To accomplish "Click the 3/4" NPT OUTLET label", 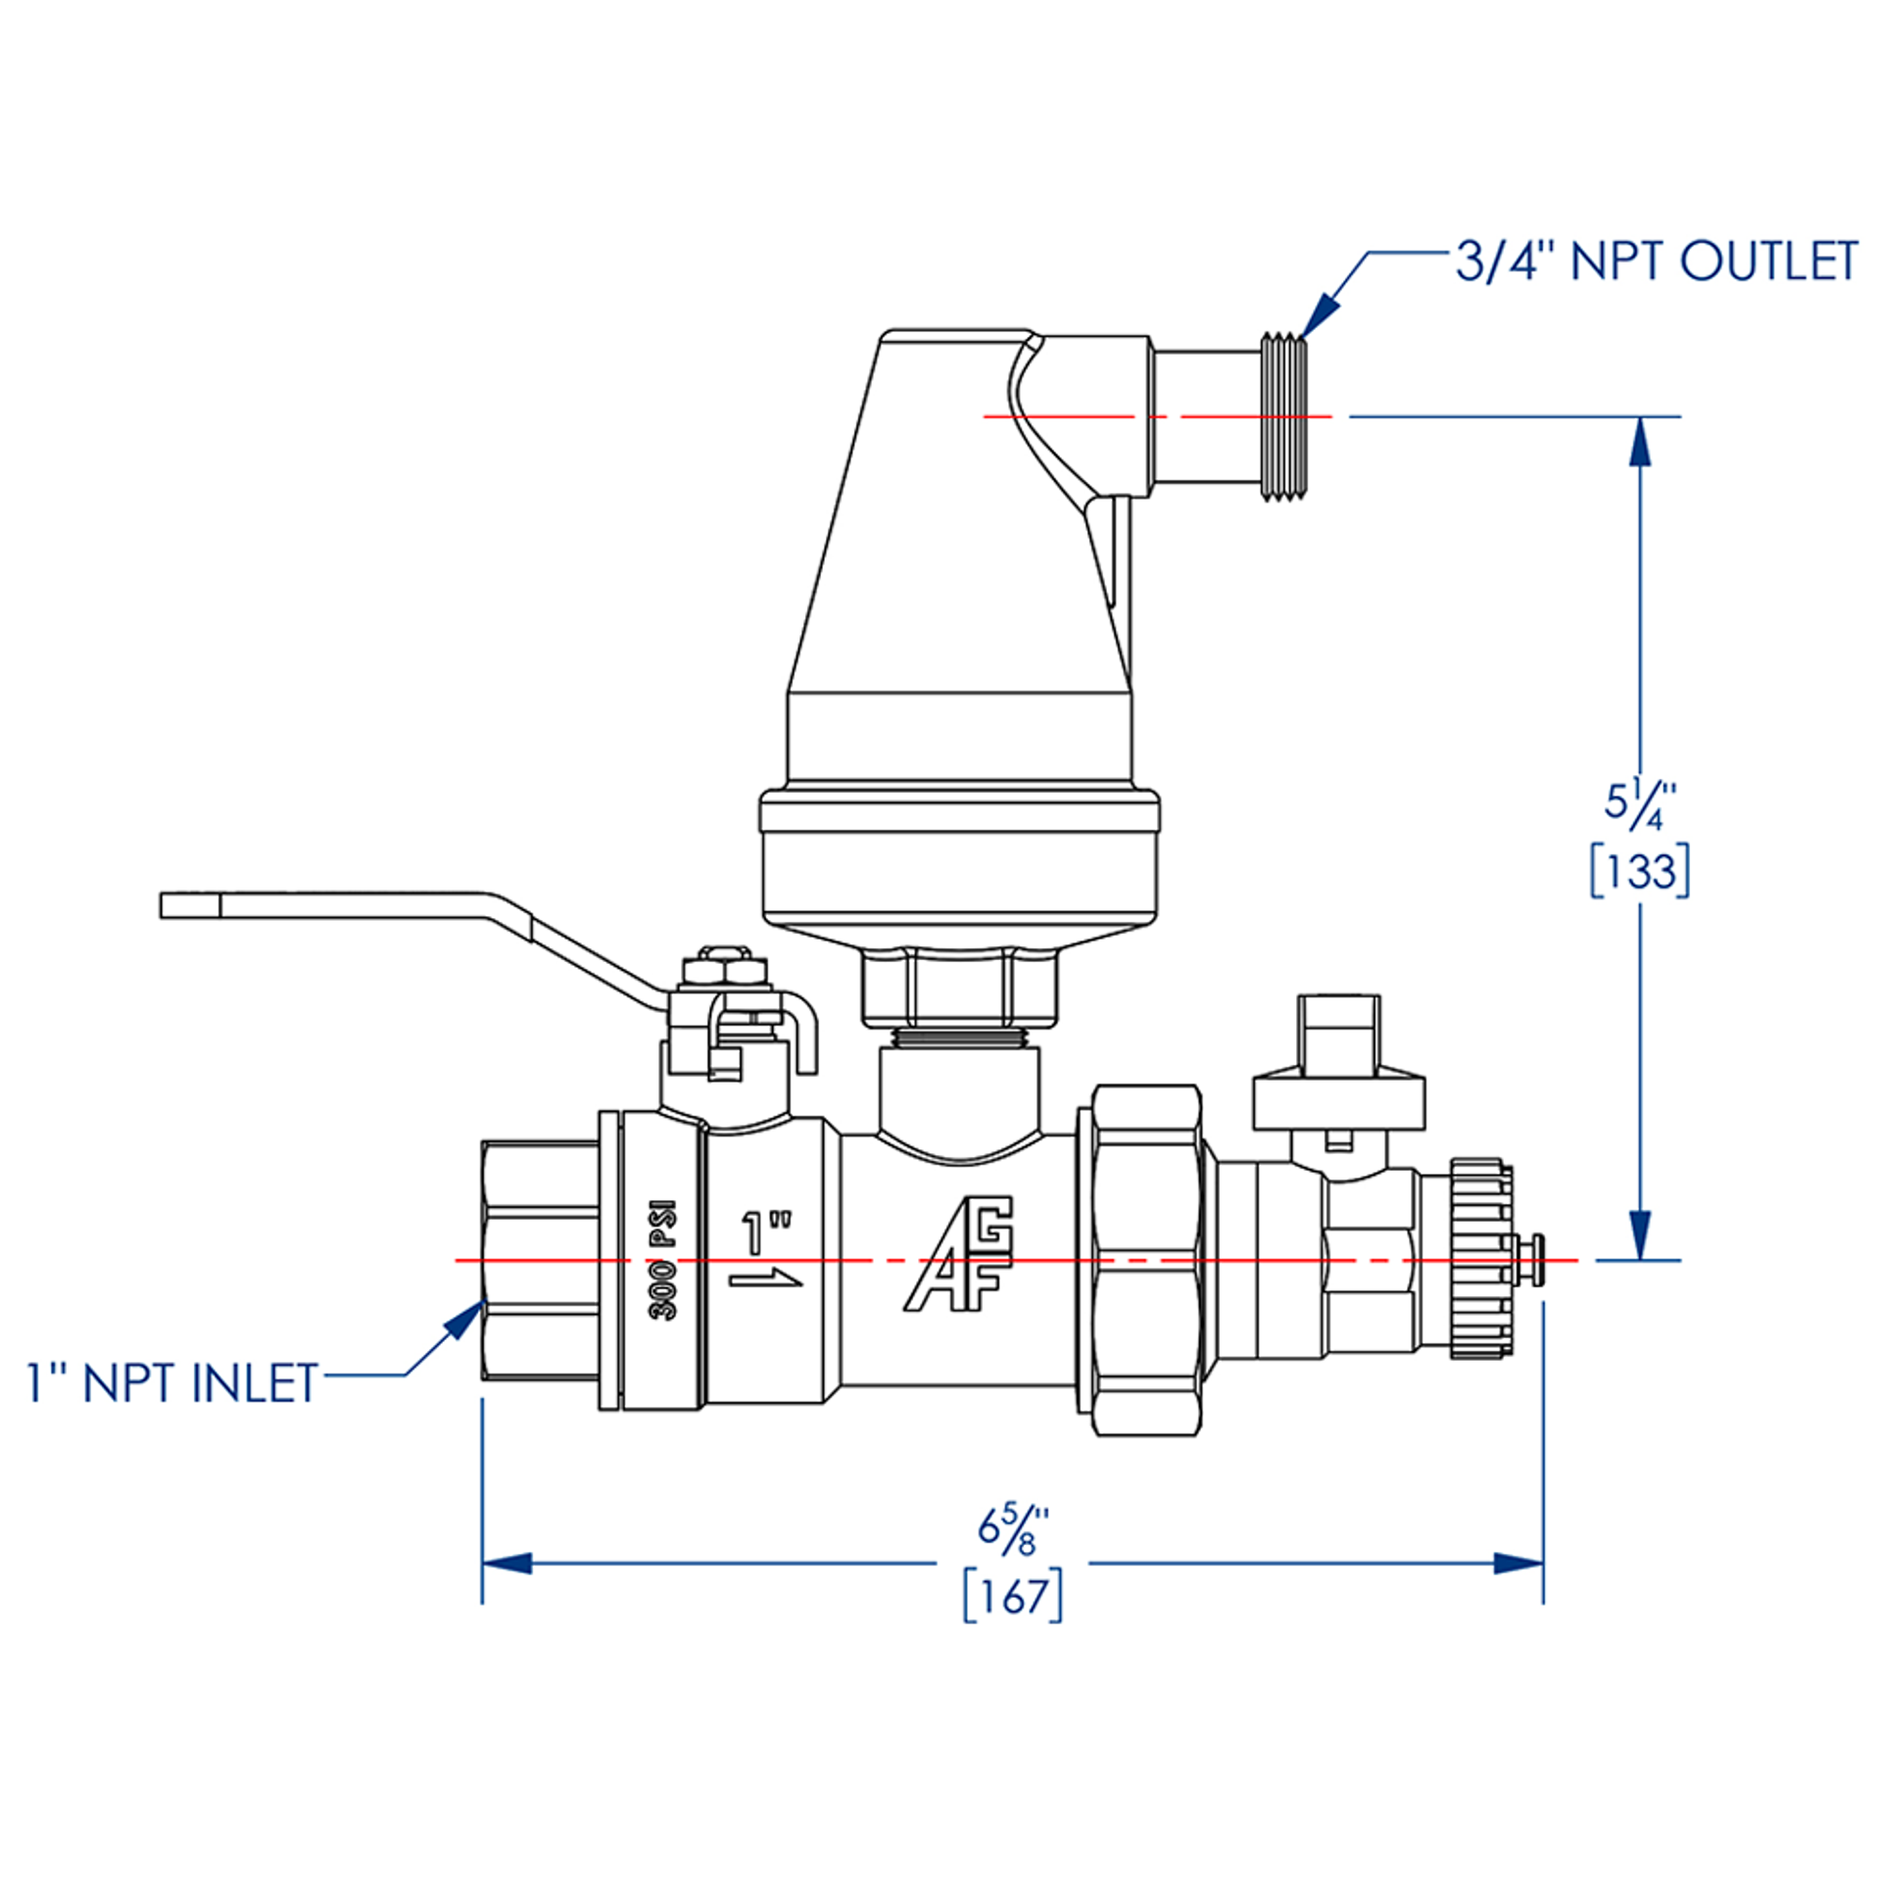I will pos(1655,262).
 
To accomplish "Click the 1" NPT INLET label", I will pos(172,1383).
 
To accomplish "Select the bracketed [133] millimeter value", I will pos(1639,871).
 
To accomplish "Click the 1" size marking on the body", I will pos(765,1233).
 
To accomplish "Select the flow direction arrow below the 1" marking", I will pos(765,1277).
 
